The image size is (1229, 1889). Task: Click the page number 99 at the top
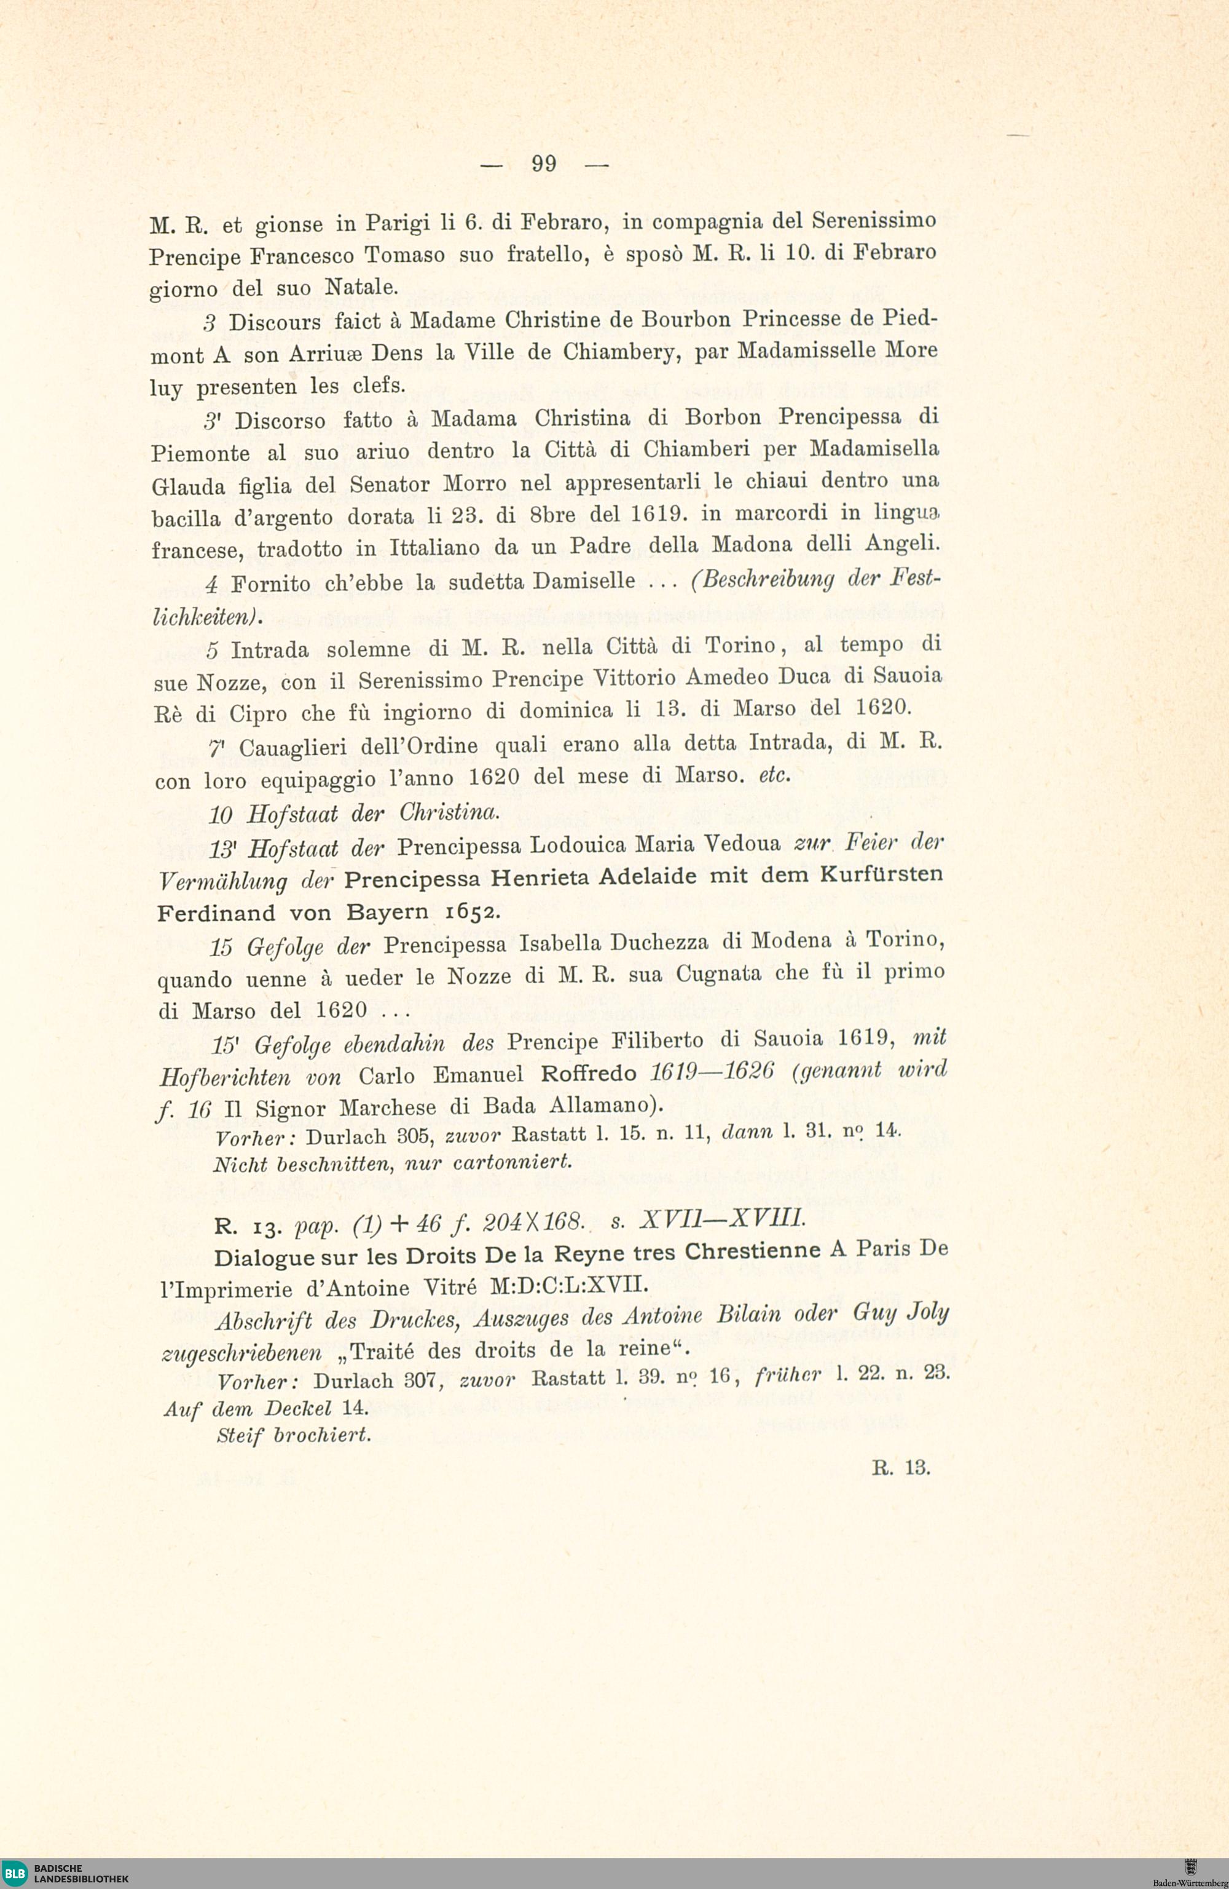tap(544, 164)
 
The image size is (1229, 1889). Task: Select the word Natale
tap(360, 287)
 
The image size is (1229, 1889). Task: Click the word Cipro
tap(258, 713)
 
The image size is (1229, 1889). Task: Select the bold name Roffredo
tap(589, 1073)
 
